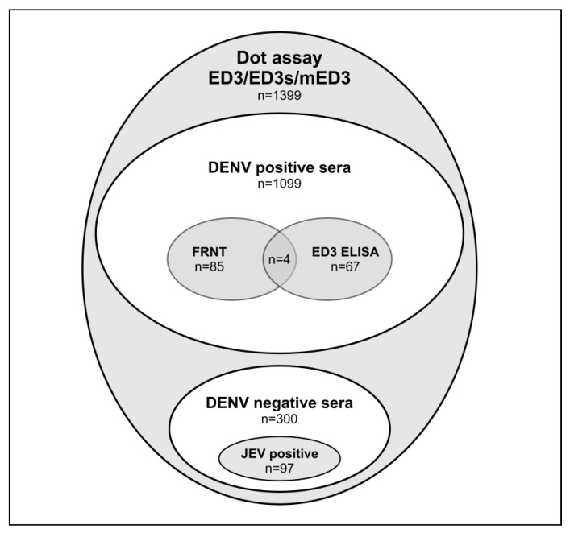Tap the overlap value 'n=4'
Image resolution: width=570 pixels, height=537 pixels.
tap(279, 260)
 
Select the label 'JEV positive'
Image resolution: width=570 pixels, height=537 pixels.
tap(279, 453)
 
